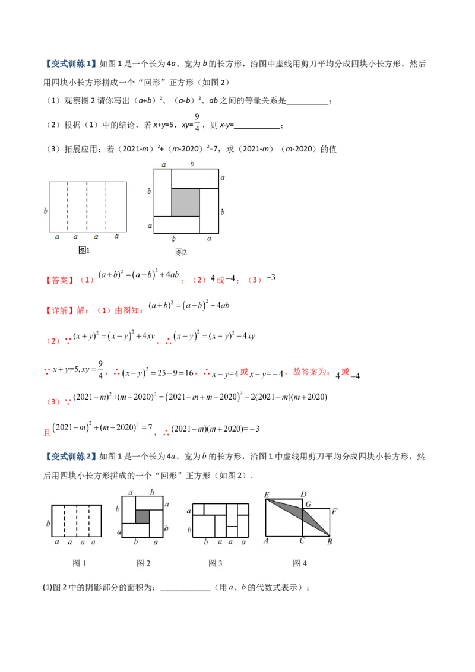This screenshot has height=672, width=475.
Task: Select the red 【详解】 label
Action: coord(60,310)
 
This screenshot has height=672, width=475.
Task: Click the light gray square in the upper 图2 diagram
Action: coord(186,202)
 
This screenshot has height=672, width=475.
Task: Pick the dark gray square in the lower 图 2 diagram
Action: coord(142,516)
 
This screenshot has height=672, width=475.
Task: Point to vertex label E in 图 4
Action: coord(267,495)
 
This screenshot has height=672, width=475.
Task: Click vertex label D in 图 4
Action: coord(303,494)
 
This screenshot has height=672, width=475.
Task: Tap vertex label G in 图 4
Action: coord(308,504)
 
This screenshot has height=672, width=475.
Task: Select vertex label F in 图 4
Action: coord(334,511)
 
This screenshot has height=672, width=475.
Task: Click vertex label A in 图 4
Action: coord(266,541)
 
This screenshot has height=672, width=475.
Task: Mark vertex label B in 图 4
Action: coord(330,541)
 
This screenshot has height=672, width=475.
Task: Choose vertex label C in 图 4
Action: coord(302,541)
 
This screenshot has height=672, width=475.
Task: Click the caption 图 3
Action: coord(215,563)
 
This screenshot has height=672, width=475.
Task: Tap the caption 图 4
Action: coord(300,563)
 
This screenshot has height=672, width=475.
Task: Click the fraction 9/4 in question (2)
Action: coord(197,122)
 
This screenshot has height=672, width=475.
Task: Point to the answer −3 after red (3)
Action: coord(271,277)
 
